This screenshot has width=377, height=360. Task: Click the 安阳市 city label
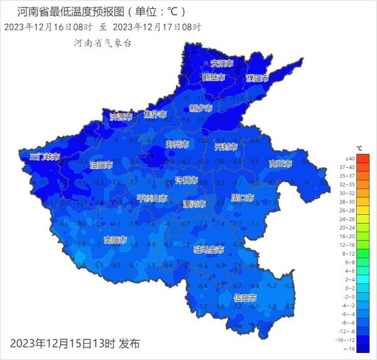(222, 63)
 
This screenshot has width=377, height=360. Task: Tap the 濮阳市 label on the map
(257, 79)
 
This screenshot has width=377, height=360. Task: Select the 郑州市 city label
(177, 144)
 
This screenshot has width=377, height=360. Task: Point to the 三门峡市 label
(45, 156)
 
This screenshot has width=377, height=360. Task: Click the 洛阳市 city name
(101, 165)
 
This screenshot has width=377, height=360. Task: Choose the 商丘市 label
(280, 163)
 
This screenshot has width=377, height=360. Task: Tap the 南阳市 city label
(115, 240)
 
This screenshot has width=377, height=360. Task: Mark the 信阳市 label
(244, 297)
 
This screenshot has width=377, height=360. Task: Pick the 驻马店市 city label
(209, 250)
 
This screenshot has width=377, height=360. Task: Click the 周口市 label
(243, 198)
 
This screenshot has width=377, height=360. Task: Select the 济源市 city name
(121, 117)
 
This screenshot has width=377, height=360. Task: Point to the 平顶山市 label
(152, 199)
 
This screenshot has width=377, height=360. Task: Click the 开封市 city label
(226, 147)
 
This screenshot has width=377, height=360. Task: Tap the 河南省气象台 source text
(102, 43)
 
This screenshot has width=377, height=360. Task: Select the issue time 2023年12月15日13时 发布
(75, 343)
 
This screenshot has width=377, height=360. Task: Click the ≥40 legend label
(350, 159)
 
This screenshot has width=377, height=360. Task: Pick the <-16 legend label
(350, 348)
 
